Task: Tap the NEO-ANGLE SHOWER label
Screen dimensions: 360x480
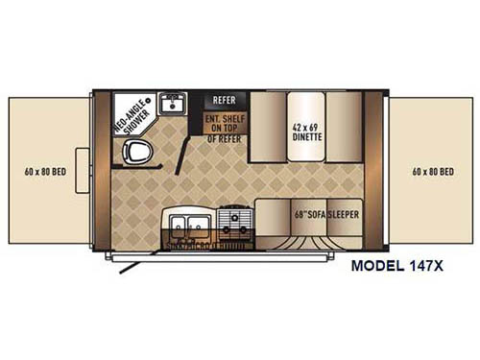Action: point(130,120)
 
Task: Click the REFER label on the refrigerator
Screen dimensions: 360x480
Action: point(224,100)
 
